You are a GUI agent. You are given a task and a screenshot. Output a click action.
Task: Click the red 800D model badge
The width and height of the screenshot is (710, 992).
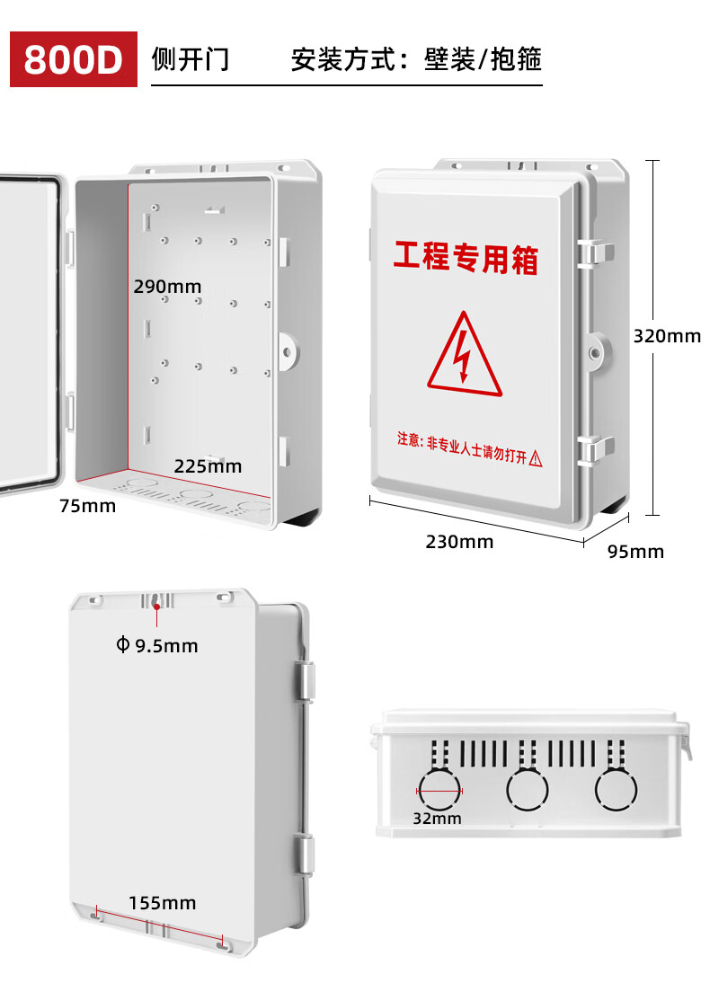[x=74, y=59]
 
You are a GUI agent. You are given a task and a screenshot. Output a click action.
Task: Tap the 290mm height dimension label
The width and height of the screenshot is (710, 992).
[x=167, y=287]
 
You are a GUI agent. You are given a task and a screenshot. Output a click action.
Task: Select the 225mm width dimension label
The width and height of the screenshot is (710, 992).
[x=208, y=466]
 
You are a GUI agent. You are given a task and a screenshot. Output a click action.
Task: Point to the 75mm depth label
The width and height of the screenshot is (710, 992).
[x=87, y=506]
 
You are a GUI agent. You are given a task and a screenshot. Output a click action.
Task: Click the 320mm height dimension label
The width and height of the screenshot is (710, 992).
[x=667, y=336]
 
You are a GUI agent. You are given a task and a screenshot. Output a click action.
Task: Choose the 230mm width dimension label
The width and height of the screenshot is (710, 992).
[x=459, y=542]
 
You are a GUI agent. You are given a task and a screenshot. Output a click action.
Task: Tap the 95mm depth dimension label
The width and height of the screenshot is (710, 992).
[x=635, y=552]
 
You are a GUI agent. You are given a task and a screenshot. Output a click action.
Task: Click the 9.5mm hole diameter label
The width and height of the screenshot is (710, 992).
[x=157, y=645]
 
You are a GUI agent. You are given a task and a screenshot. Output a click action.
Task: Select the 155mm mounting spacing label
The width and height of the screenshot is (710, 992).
[x=162, y=903]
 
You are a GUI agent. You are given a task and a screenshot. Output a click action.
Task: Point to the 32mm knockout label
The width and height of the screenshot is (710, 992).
[x=437, y=819]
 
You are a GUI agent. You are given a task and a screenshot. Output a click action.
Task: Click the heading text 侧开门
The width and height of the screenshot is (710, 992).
[x=191, y=59]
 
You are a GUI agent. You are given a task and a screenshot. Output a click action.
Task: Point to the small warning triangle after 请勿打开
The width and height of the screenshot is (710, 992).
[x=537, y=459]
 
